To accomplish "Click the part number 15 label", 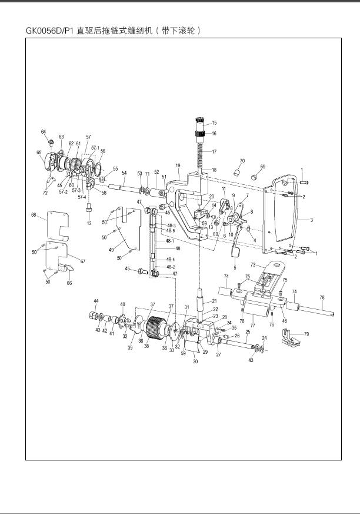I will (214, 123).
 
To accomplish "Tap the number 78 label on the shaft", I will (322, 298).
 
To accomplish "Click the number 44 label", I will (96, 301).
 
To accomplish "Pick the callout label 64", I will (44, 131).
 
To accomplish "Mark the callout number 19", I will (178, 166).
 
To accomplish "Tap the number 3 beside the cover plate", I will (312, 220).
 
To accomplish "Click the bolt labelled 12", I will (89, 209).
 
